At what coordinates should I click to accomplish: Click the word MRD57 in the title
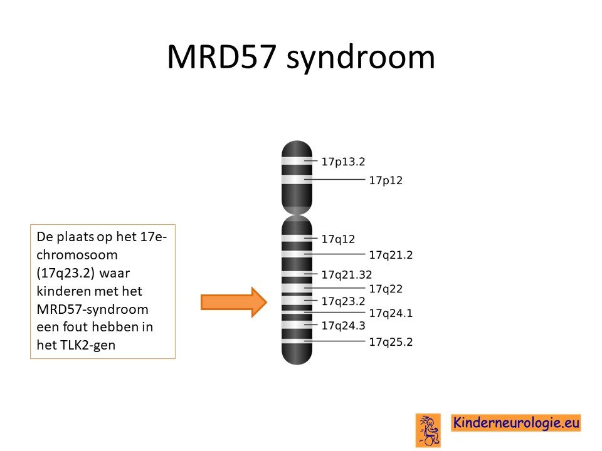221,57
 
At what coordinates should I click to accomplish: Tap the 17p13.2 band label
343,162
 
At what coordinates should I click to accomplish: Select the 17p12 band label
386,180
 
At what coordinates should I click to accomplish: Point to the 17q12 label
338,239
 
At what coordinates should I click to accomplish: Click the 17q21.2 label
391,255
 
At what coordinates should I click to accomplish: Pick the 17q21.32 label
347,274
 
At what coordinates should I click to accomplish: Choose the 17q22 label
386,289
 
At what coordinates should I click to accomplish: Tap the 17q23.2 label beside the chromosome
343,301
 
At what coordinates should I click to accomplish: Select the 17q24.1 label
391,313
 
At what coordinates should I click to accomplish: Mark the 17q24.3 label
343,326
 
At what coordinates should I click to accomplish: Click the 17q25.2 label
391,342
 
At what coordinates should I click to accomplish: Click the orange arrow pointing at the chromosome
234,302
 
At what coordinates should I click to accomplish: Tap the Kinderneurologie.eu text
516,423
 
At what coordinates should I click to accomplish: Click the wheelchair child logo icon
428,430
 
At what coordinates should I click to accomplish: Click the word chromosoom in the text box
77,255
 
